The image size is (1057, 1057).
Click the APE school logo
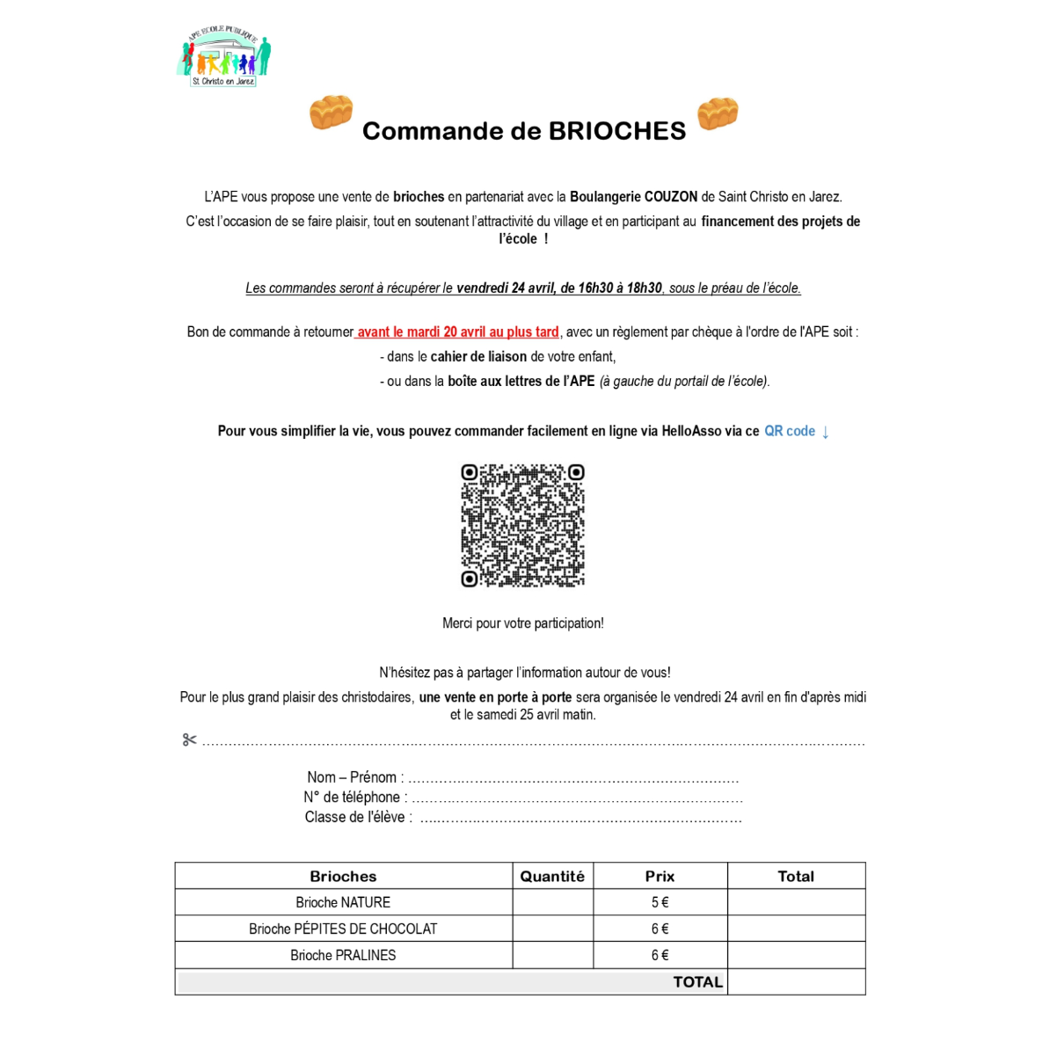225,57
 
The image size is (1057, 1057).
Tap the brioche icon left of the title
331,113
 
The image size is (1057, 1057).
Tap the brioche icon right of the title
718,113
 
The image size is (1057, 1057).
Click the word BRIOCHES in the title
616,131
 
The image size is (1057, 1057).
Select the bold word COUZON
671,197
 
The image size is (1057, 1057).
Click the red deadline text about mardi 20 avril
458,332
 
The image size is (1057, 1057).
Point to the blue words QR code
790,431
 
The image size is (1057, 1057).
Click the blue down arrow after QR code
826,432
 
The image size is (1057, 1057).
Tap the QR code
523,525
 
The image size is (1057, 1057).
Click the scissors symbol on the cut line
189,740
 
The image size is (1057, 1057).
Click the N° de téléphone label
355,798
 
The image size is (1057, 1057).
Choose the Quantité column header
552,876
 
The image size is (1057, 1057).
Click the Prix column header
660,876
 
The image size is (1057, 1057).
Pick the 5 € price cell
660,902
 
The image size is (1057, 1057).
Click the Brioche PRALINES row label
343,955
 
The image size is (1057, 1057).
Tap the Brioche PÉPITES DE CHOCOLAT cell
343,929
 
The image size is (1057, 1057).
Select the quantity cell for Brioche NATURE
552,902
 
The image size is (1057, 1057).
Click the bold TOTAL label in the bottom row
697,982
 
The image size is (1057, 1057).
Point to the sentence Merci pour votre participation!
523,623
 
